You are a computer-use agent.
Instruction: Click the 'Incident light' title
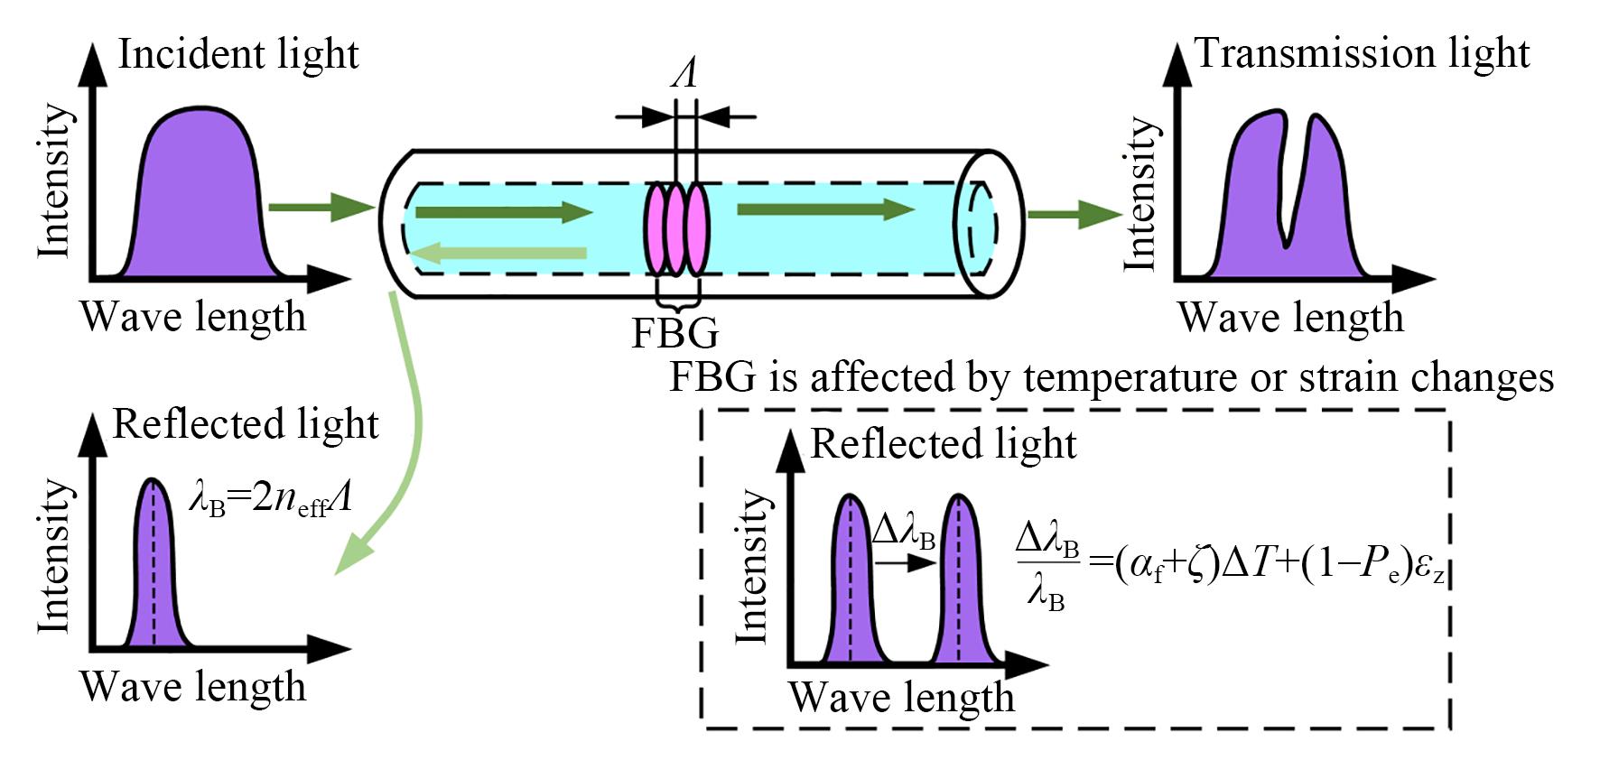click(x=238, y=54)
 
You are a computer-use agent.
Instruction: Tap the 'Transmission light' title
click(x=1362, y=53)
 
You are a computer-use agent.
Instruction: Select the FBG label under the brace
click(x=674, y=333)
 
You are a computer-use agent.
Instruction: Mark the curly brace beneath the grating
click(x=676, y=299)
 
